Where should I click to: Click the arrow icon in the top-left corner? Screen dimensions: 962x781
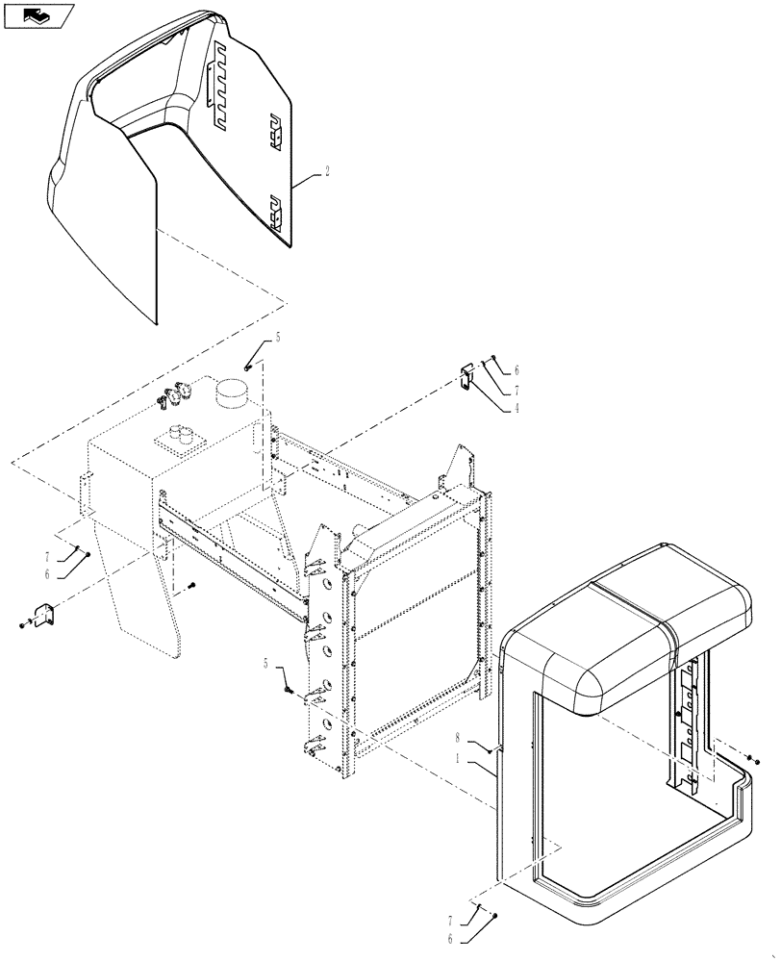tap(37, 14)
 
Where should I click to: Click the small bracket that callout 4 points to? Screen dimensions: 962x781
tap(466, 376)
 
